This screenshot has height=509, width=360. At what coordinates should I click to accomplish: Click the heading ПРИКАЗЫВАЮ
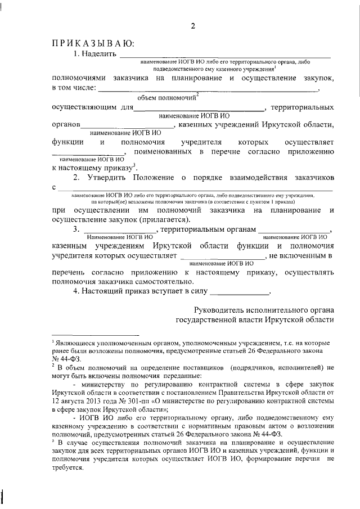[92, 43]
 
